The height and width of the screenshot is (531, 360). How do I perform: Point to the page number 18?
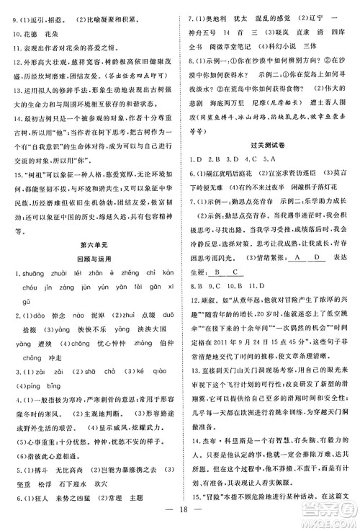tap(179, 517)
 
